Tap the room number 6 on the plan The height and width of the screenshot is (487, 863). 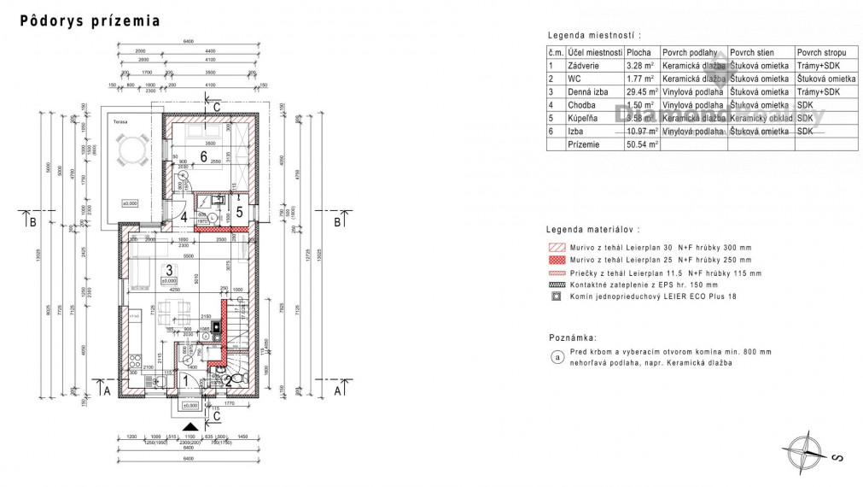203,155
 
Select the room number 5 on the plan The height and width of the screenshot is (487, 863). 240,210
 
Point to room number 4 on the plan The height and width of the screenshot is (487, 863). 184,217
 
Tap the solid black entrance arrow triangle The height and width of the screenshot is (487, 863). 190,425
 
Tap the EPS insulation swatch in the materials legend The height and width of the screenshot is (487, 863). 556,285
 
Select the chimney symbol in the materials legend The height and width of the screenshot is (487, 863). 556,296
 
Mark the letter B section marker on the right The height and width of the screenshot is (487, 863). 337,221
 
